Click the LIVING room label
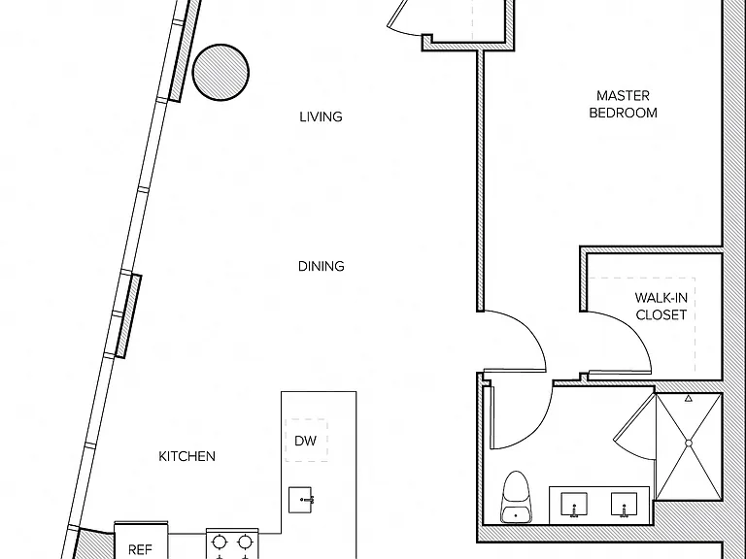[321, 116]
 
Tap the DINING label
[322, 266]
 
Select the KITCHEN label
[186, 456]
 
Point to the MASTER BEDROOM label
[624, 104]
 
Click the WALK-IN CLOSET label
[661, 306]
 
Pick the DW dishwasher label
[305, 441]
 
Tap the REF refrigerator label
[140, 550]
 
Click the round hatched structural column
[220, 72]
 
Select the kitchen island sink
[301, 500]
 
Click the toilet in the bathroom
[515, 497]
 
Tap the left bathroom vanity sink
[574, 505]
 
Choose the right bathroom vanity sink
[624, 505]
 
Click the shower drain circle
[689, 443]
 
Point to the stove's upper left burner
[220, 542]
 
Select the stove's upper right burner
[245, 542]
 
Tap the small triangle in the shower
[689, 398]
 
